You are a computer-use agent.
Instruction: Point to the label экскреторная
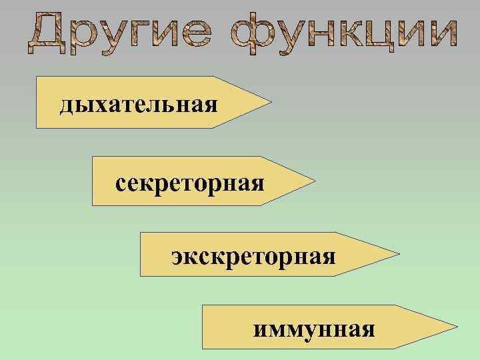click(253, 256)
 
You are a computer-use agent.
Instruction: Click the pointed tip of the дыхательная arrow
click(271, 103)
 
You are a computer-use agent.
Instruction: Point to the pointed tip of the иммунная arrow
click(457, 327)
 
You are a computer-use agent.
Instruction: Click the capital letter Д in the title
click(46, 31)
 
